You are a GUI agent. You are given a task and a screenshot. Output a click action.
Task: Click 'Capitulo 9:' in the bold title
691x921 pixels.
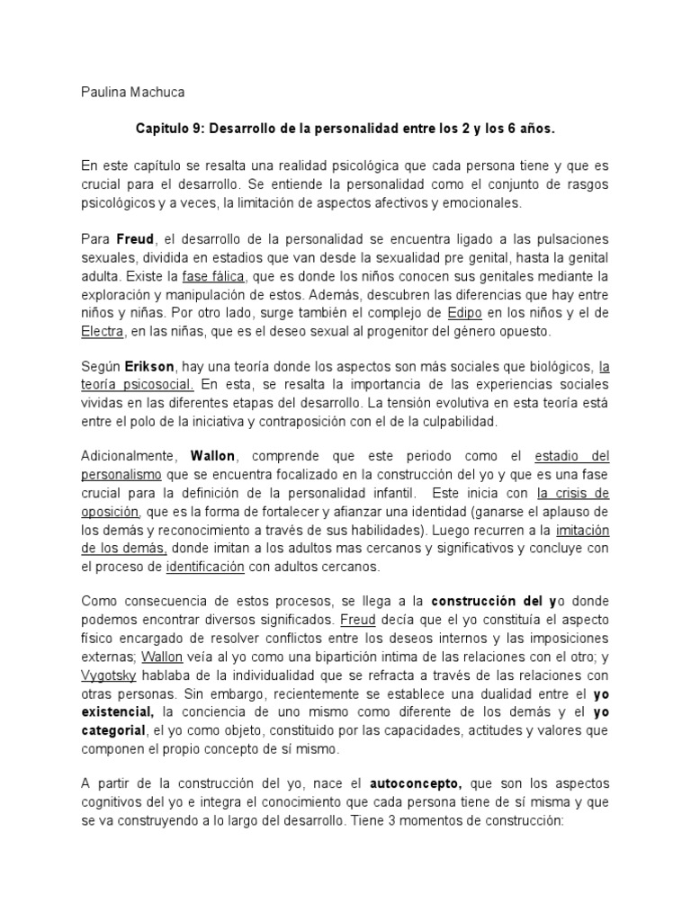coord(171,129)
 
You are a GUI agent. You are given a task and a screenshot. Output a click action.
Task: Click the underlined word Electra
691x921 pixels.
coord(102,332)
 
